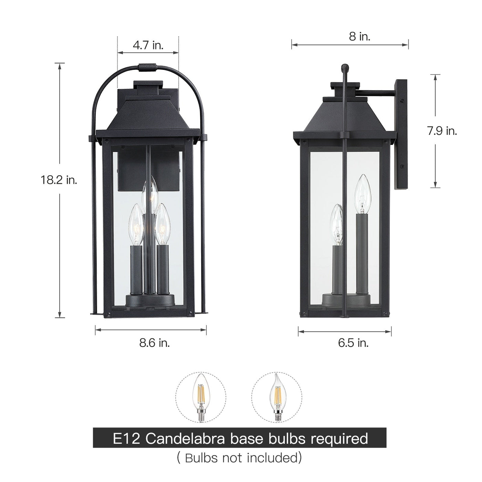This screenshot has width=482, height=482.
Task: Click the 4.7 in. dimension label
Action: (148, 45)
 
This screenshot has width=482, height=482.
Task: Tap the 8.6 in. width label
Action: (155, 343)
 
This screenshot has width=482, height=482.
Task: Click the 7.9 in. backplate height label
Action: (442, 131)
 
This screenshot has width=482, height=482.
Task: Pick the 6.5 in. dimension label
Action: (353, 343)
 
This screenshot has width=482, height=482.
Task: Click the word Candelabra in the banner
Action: (185, 439)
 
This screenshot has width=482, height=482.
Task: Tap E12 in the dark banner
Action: (125, 439)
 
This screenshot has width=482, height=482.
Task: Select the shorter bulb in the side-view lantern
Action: (336, 224)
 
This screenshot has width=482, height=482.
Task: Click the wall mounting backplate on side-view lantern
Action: (401, 134)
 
